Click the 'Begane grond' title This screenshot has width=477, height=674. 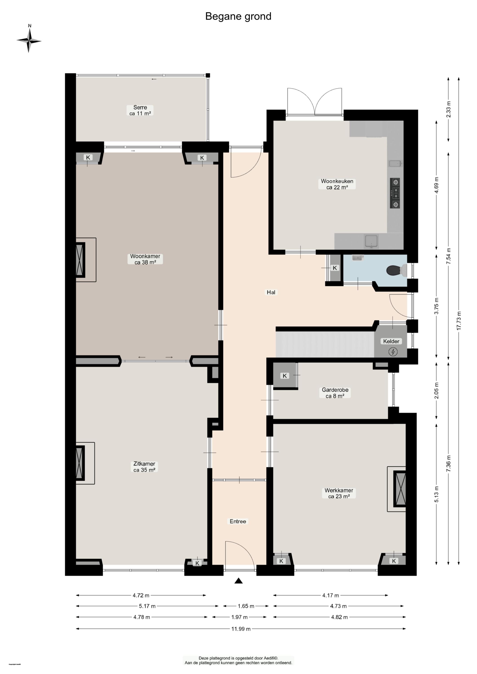238,16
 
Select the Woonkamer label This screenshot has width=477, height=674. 145,259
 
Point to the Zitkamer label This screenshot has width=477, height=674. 144,467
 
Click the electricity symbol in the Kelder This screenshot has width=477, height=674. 393,352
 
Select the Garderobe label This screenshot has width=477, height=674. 335,393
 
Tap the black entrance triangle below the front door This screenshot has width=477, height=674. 239,581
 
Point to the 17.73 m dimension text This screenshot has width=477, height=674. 459,321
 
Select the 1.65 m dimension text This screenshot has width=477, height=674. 246,606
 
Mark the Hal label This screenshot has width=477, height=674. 271,292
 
